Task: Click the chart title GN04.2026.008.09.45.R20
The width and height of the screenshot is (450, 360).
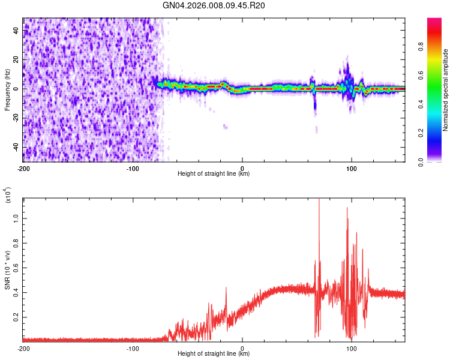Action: click(x=214, y=6)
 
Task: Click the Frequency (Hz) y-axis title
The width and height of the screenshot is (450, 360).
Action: click(x=7, y=90)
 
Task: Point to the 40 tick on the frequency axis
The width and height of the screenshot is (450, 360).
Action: click(x=16, y=29)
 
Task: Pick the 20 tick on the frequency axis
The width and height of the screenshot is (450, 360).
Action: click(x=16, y=59)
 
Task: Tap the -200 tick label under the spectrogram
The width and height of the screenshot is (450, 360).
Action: click(x=23, y=167)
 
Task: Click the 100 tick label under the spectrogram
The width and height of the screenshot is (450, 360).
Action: click(x=352, y=167)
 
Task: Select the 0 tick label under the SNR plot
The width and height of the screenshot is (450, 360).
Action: click(x=242, y=348)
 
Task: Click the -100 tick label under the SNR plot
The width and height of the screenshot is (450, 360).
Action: click(x=133, y=348)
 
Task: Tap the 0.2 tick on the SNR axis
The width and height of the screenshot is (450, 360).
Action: click(x=16, y=317)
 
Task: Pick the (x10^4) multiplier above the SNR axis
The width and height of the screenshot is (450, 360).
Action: click(x=8, y=196)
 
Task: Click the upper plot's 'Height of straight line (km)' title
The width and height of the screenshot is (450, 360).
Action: click(x=214, y=174)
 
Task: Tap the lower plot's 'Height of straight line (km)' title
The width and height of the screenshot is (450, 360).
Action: click(x=214, y=355)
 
